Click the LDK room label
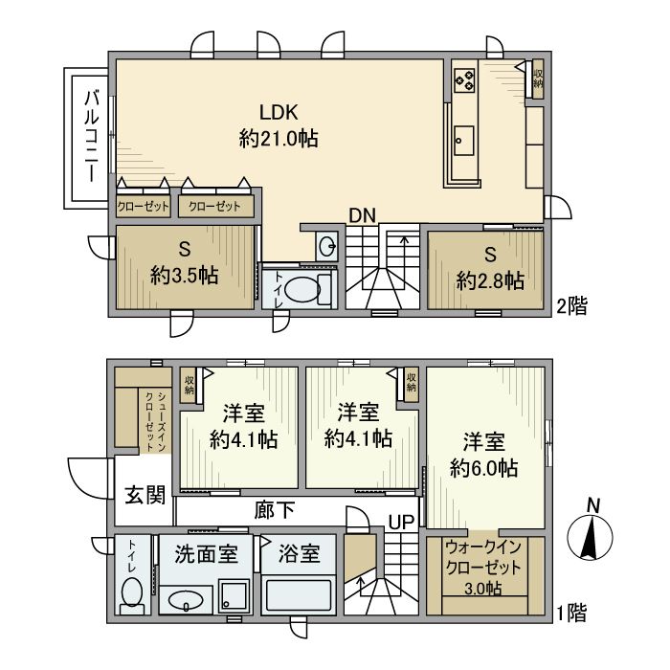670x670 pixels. [x=279, y=112]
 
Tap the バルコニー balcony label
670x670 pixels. [x=92, y=136]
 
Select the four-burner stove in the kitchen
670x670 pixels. [x=464, y=79]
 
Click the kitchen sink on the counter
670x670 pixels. [x=463, y=141]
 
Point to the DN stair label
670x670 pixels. [x=363, y=215]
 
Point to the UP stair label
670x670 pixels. [x=401, y=522]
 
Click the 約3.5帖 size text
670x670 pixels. [x=185, y=276]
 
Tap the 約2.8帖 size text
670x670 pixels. [x=490, y=281]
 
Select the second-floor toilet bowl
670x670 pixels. [x=301, y=290]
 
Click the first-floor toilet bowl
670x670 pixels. [x=132, y=591]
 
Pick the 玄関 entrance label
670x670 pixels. [x=145, y=495]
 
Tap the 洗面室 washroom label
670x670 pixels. [x=206, y=554]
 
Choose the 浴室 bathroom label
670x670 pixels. [x=299, y=554]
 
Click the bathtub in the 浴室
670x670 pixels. [x=298, y=596]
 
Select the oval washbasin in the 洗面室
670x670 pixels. [x=186, y=600]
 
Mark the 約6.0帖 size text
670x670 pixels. [x=484, y=468]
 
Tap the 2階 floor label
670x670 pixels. [x=571, y=306]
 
